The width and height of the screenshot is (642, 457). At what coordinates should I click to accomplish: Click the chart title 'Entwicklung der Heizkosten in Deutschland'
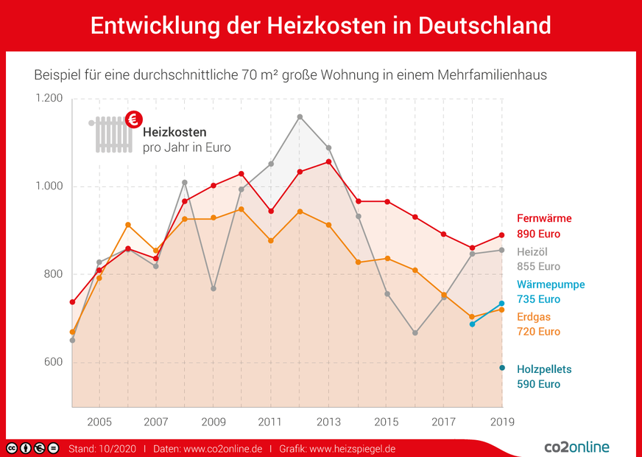320,25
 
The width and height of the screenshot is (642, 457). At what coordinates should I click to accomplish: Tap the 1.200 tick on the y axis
48,99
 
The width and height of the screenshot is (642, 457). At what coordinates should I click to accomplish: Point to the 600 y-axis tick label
53,363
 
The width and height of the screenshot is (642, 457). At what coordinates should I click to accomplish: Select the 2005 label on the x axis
99,422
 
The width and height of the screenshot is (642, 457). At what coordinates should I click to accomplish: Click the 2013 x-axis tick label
328,422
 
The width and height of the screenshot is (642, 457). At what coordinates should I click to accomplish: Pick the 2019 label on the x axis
501,422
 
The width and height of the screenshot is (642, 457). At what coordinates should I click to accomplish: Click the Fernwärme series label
544,219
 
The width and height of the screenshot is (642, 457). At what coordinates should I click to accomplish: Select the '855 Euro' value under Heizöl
538,266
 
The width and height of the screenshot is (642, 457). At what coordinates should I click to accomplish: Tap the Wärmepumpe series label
551,285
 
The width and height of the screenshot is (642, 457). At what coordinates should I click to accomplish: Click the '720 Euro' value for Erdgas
538,332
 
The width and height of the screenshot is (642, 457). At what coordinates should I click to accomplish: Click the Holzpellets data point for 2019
502,368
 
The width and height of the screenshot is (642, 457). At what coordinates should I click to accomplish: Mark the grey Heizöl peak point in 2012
300,116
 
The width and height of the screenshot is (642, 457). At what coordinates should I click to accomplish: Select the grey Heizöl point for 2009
214,288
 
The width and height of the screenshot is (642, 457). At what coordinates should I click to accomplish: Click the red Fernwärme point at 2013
328,161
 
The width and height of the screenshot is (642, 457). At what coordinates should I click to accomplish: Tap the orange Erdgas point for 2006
128,225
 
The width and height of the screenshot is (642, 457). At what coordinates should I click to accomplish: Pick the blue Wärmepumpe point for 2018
473,324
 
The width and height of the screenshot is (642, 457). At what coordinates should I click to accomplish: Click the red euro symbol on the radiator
134,119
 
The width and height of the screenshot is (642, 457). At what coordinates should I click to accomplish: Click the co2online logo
576,447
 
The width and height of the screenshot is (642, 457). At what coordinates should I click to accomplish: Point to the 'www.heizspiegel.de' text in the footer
353,448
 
